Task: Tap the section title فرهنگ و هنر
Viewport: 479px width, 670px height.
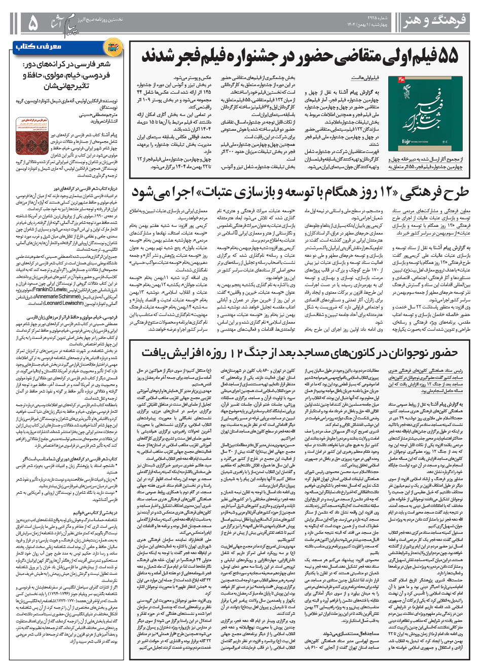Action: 435,21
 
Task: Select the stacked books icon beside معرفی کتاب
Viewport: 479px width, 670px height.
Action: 112,48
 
